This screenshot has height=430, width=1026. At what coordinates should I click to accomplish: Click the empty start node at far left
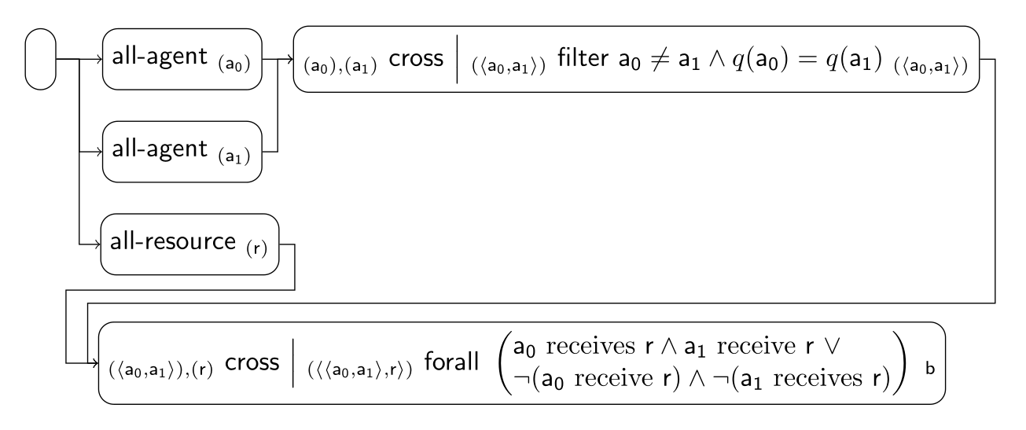coord(42,59)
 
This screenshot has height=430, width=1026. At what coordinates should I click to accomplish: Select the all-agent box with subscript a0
coord(181,59)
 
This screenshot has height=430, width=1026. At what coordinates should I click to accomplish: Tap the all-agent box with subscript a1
coord(181,152)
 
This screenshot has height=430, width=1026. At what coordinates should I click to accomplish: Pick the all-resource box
coord(190,244)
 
